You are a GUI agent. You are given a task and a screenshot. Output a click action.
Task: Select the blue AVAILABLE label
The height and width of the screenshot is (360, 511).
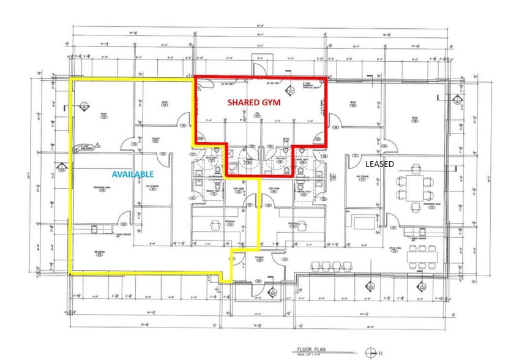coord(132,174)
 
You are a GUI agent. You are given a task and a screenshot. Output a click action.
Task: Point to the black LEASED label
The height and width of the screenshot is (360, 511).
coord(380,164)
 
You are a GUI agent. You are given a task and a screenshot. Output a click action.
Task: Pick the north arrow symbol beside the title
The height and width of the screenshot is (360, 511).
coord(370,351)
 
